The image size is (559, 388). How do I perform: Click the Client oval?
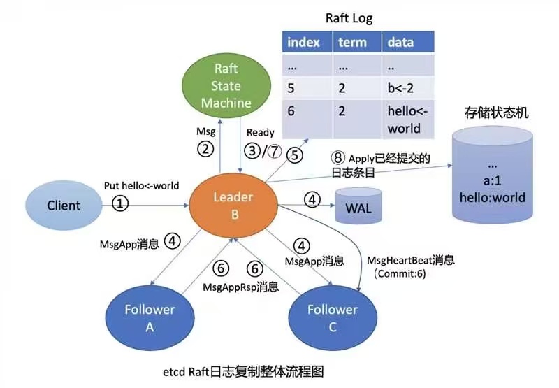click(64, 206)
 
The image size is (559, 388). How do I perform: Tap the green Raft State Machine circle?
click(226, 86)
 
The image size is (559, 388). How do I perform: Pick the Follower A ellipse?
click(151, 318)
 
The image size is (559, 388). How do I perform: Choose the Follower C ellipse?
click(331, 318)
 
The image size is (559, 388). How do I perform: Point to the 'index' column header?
click(305, 42)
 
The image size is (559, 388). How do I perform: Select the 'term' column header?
click(354, 42)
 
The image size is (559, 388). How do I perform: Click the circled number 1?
click(122, 204)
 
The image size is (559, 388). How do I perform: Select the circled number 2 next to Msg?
click(205, 149)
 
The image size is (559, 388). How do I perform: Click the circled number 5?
click(296, 156)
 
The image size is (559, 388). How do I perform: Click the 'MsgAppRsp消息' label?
click(240, 287)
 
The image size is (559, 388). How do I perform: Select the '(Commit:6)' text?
click(400, 274)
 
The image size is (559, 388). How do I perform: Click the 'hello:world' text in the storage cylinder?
click(493, 197)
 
